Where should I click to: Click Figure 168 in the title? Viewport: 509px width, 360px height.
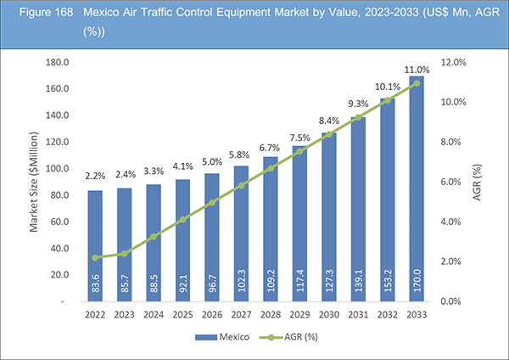pos(36,14)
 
